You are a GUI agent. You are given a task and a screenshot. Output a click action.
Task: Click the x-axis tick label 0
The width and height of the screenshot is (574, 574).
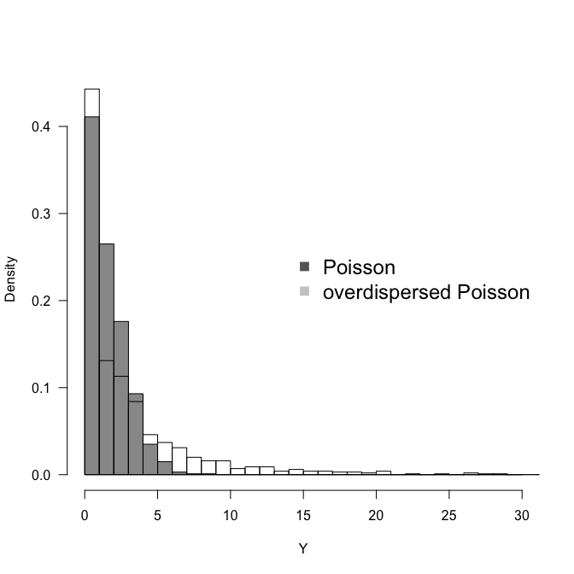pos(85,516)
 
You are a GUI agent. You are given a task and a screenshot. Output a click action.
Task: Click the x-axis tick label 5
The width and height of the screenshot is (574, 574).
pos(157,516)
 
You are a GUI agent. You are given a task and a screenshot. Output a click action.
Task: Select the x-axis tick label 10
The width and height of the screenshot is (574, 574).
pos(230,516)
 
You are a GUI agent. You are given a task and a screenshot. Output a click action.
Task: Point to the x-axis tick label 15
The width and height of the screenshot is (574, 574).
pos(303,516)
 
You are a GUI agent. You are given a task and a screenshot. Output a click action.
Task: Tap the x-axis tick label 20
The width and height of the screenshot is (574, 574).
pos(376,516)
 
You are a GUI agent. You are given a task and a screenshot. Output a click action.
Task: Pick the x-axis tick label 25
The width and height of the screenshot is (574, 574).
pos(448,516)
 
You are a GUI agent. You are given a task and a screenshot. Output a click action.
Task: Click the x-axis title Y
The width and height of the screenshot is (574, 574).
pos(303,549)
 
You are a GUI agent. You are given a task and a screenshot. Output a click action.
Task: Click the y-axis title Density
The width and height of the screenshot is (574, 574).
pos(11,279)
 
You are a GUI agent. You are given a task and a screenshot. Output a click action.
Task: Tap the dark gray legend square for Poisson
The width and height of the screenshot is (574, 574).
pos(304,266)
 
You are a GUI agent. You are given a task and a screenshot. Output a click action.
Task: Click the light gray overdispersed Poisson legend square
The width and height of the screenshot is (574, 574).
pos(304,292)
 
